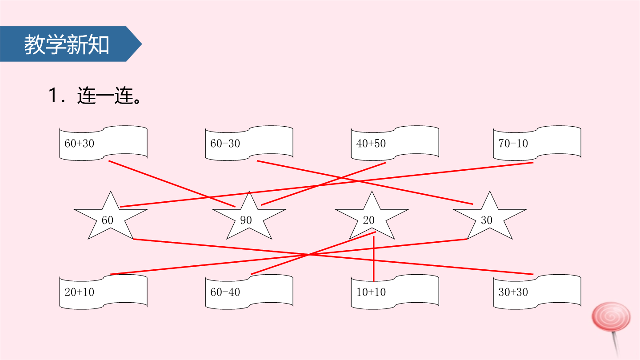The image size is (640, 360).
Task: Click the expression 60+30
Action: pyautogui.click(x=79, y=144)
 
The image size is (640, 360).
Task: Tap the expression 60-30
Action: pyautogui.click(x=225, y=144)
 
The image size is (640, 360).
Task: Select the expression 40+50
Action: pyautogui.click(x=371, y=144)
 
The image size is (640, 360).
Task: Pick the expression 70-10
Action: pyautogui.click(x=513, y=144)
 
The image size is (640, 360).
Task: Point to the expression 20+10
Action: pyautogui.click(x=79, y=292)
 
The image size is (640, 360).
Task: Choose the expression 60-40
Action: pyautogui.click(x=225, y=292)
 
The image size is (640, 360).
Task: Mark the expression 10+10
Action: pyautogui.click(x=371, y=292)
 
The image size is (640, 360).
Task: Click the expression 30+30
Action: pyautogui.click(x=513, y=292)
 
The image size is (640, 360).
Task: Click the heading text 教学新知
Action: pyautogui.click(x=67, y=44)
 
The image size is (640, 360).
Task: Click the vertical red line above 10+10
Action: pyautogui.click(x=374, y=259)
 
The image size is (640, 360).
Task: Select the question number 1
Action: pyautogui.click(x=53, y=95)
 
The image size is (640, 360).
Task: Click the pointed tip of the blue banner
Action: pyautogui.click(x=142, y=44)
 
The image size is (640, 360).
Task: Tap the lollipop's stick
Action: pyautogui.click(x=616, y=344)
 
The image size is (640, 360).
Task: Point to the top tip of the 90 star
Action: pyautogui.click(x=249, y=192)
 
